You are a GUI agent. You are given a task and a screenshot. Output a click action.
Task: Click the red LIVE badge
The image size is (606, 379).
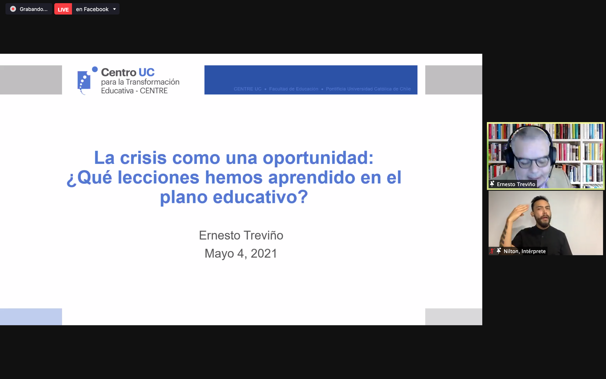pos(63,9)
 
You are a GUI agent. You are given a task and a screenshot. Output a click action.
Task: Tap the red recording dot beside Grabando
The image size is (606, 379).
pos(13,9)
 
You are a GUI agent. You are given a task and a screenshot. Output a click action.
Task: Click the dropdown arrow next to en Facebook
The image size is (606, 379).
pos(114,9)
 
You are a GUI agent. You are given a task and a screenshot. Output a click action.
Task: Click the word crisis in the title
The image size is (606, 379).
pos(143,158)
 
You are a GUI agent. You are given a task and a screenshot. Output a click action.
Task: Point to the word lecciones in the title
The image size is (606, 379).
pos(158,177)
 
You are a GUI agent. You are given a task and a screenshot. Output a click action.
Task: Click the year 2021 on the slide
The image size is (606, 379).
pos(264,254)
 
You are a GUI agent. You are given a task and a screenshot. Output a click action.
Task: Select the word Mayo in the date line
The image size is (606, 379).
pos(219,254)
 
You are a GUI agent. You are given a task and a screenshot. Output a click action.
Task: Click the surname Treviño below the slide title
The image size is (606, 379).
pos(263,235)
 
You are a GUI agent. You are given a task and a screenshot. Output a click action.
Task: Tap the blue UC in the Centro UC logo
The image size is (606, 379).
pos(146,72)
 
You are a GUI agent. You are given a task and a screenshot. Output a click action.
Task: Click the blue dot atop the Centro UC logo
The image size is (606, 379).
pos(95,69)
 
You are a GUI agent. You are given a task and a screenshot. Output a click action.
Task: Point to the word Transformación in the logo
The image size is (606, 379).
pos(153,82)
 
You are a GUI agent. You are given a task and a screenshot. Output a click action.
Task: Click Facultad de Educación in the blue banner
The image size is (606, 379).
pos(294,89)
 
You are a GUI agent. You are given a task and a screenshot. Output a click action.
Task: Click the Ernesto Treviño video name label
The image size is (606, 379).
pos(516,184)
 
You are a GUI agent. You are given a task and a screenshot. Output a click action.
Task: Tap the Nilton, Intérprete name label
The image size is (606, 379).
pos(525,251)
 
